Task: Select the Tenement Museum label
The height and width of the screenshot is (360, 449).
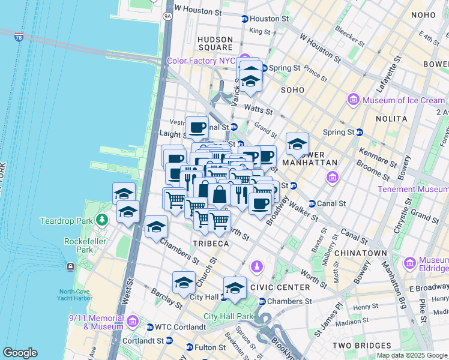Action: [412, 189]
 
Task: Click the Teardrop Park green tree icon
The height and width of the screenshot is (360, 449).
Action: [103, 220]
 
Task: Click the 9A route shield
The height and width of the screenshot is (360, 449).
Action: [167, 17]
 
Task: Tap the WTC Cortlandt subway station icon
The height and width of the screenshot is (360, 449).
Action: [150, 327]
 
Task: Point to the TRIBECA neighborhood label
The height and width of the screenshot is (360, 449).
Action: [210, 244]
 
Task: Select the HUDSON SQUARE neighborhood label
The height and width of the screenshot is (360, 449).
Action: [215, 43]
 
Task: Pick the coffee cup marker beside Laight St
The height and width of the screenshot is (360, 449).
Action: [197, 127]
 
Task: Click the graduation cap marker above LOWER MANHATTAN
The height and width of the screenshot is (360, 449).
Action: [297, 144]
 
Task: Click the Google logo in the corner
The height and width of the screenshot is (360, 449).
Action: [20, 353]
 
